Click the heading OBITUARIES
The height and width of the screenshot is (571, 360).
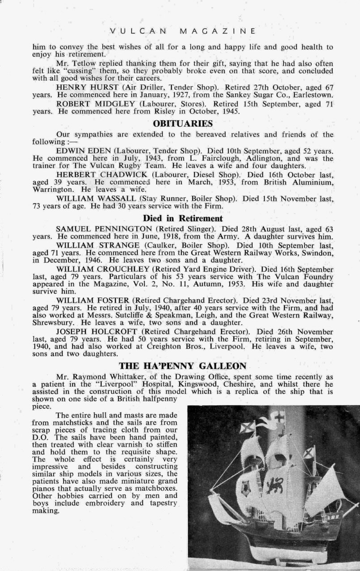pos(183,124)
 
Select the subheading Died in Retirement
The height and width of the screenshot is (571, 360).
pos(183,219)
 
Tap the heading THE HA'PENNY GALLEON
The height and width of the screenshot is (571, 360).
pos(183,366)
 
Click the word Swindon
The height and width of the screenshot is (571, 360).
pos(317,253)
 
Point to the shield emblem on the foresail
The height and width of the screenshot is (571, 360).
pos(245,487)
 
